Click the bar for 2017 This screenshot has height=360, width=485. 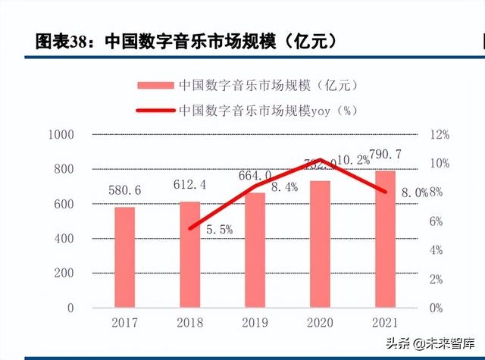coord(125,258)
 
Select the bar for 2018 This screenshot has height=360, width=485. coord(189,255)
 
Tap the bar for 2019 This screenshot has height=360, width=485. coord(255,250)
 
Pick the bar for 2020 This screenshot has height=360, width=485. coord(320,244)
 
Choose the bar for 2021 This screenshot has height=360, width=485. coord(385,239)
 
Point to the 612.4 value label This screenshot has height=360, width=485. coord(190,184)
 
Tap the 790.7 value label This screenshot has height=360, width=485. coord(385,155)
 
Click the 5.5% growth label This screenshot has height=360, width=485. coord(219,230)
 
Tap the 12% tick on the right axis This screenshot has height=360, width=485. coord(440,135)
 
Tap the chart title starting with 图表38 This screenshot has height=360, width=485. coord(186,41)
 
